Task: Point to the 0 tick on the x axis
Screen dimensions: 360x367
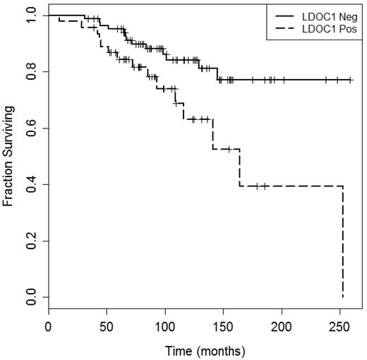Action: (48, 328)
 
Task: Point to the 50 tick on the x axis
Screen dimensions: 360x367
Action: (107, 328)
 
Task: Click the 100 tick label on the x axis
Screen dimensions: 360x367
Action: (164, 328)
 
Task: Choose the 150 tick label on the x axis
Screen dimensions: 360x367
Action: (223, 328)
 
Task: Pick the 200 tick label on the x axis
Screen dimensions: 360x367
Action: (282, 328)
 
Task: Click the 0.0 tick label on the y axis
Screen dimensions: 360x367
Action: (29, 297)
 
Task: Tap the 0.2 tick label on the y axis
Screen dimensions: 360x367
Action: (29, 241)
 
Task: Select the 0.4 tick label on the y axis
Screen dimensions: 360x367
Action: (29, 185)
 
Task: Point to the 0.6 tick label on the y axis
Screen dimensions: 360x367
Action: (29, 128)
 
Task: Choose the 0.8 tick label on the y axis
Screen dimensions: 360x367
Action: (29, 72)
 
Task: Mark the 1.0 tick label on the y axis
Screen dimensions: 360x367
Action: (29, 16)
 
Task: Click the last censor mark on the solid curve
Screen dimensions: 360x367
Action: (351, 80)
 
